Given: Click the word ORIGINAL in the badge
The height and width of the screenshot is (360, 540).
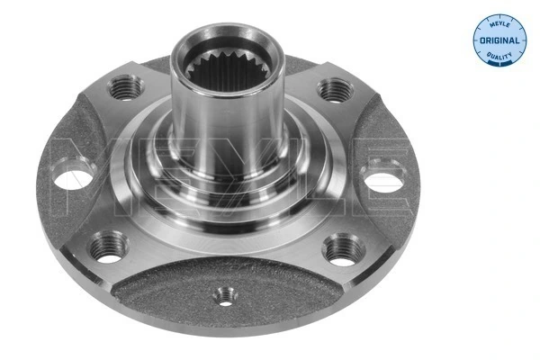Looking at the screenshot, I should pyautogui.click(x=499, y=41).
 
